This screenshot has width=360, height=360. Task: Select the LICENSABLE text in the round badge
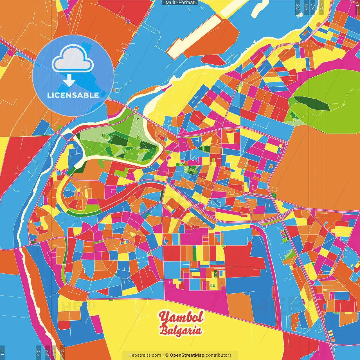pyautogui.click(x=73, y=95)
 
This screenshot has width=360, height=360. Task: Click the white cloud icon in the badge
pyautogui.click(x=73, y=60)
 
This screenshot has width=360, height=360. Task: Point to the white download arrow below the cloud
pyautogui.click(x=69, y=80)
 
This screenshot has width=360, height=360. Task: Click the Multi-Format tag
pyautogui.click(x=180, y=3)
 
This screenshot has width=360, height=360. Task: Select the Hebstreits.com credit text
pyautogui.click(x=145, y=355)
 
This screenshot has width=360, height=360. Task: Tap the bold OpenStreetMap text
pyautogui.click(x=187, y=355)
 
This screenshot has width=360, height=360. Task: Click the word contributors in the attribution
pyautogui.click(x=219, y=355)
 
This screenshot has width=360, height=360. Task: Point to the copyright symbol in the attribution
pyautogui.click(x=166, y=355)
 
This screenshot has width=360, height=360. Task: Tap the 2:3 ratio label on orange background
pyautogui.click(x=62, y=352)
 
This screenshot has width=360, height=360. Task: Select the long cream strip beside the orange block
pyautogui.click(x=194, y=35)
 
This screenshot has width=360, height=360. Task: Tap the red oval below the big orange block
pyautogui.click(x=213, y=60)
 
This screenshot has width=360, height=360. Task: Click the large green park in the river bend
pyautogui.click(x=118, y=139)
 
